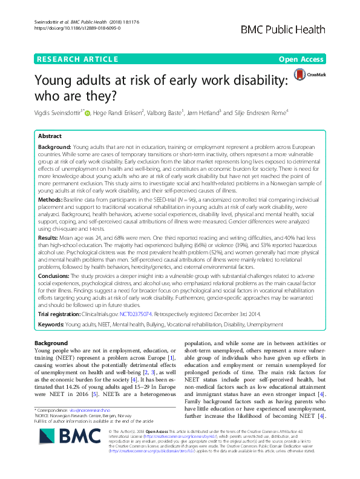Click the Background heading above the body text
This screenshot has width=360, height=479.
(51, 343)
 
